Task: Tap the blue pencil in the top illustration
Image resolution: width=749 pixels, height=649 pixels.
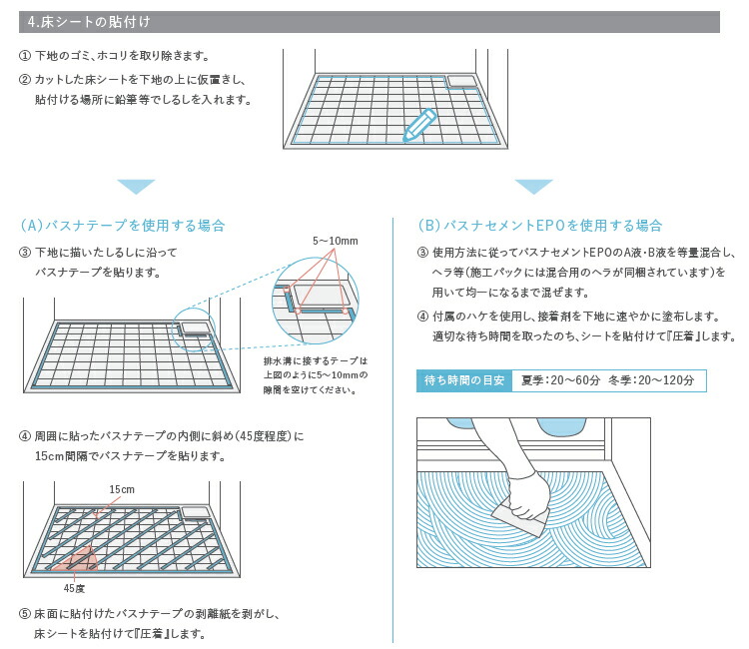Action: coord(420,125)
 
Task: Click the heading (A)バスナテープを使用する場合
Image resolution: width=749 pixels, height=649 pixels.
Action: coord(123,226)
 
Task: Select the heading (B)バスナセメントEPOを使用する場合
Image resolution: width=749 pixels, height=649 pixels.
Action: coord(540,226)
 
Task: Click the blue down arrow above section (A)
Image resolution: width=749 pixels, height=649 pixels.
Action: coord(136,187)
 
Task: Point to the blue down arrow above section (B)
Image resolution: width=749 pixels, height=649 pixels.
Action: coord(534,187)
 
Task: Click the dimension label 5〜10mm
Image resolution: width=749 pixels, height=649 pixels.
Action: coord(335,242)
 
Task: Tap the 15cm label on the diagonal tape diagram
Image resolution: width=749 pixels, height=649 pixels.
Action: coord(122,489)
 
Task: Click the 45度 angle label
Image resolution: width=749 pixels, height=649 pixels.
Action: coord(75,589)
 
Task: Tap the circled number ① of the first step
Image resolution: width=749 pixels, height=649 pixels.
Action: coord(25,56)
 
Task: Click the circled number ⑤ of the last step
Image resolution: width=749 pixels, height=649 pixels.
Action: coord(25,613)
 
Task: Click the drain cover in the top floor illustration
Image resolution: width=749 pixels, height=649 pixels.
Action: coord(461,80)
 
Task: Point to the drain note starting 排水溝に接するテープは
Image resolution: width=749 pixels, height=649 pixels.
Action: coord(316,360)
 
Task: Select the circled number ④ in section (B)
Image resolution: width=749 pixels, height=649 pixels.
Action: coord(422,316)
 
